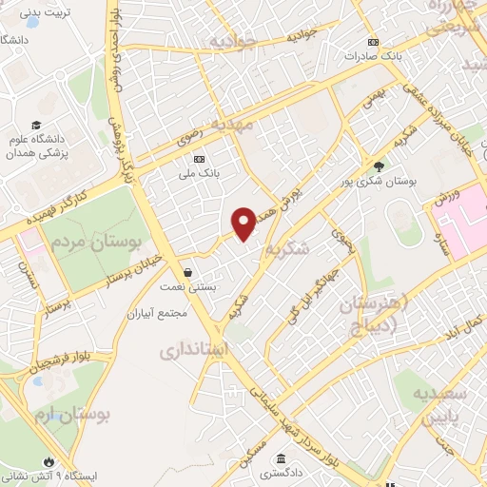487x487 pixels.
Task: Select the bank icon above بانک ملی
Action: pos(199,159)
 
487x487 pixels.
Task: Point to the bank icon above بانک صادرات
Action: pos(374,42)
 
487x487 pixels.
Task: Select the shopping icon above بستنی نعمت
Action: pos(189,272)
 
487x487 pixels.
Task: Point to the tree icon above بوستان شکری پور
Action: pos(380,166)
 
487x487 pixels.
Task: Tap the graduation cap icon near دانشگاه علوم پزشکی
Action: pos(36,125)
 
